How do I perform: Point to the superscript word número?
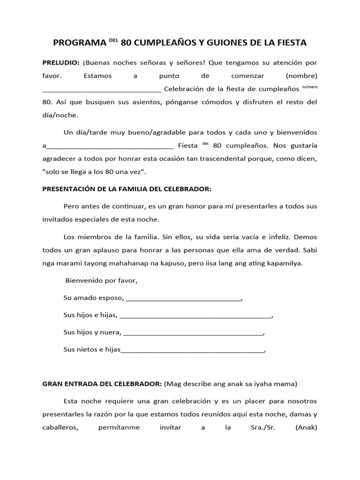(x=309, y=86)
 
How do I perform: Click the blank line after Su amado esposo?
(x=183, y=299)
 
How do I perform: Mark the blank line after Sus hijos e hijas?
(x=196, y=316)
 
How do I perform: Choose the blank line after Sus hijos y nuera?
(x=193, y=334)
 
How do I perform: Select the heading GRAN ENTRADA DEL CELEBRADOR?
(x=102, y=383)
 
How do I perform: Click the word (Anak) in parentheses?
(x=307, y=427)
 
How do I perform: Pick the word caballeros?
(x=62, y=427)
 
